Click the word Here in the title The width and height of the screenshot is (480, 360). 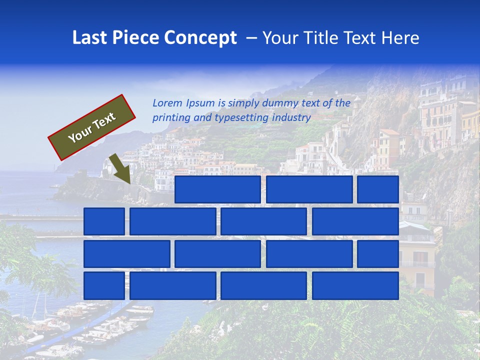coord(400,37)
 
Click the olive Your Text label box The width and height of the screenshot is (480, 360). coord(92,127)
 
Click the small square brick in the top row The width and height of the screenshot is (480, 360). coord(378,189)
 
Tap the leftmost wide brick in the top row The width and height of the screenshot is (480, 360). coord(217,189)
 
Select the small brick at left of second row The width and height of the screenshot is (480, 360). coord(104,221)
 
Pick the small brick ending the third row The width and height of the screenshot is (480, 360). coord(378,254)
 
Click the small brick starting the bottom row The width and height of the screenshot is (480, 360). coord(104,286)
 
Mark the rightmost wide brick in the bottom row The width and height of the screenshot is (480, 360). coord(355,286)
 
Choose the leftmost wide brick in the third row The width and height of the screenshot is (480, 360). coord(126,254)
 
